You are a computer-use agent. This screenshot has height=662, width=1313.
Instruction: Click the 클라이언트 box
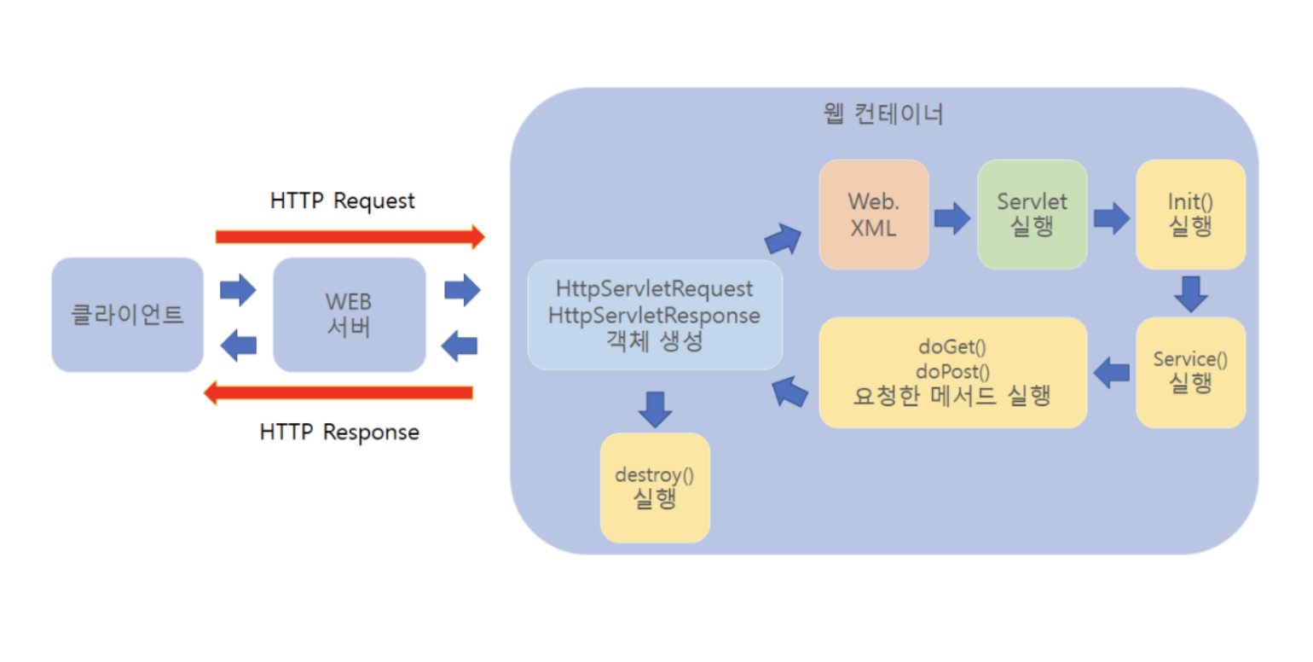(x=127, y=315)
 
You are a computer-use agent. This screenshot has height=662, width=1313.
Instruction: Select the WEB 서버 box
(x=349, y=315)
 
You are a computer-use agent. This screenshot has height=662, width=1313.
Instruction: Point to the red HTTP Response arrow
(x=338, y=392)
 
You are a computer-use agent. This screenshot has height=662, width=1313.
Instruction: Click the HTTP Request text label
(x=342, y=200)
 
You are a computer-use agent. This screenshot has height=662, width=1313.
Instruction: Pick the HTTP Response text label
(x=339, y=432)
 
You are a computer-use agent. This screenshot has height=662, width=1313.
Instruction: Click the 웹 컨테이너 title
(x=879, y=114)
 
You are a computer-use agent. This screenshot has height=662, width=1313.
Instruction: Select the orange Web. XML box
(x=873, y=214)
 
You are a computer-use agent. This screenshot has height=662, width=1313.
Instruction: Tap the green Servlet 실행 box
(x=1032, y=214)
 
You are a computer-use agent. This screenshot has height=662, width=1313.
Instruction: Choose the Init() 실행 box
(x=1190, y=214)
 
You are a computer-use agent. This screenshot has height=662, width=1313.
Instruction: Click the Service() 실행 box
(x=1190, y=372)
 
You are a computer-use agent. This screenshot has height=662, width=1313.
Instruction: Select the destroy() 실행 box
(x=655, y=487)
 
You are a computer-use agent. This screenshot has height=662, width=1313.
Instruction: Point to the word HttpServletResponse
(x=654, y=315)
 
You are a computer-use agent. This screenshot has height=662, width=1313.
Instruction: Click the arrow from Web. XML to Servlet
(x=952, y=218)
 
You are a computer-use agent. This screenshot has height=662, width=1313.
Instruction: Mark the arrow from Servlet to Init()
(x=1111, y=218)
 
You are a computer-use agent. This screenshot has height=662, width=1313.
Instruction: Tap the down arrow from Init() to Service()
(x=1190, y=293)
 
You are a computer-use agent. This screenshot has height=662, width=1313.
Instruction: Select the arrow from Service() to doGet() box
(x=1112, y=372)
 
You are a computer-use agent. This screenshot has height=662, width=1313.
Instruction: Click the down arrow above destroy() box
(x=655, y=409)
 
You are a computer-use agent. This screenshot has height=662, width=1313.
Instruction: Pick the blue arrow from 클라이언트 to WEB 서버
(x=238, y=290)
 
